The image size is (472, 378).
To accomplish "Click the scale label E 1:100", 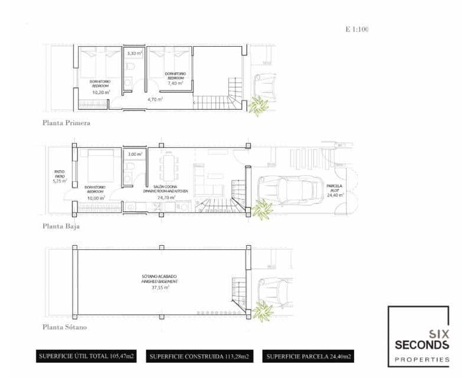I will pos(357,28).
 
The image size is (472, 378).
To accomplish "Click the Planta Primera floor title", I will pos(65,124).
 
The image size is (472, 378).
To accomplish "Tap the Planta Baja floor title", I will pos(61,226).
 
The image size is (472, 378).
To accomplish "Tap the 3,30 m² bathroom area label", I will pos(135,53).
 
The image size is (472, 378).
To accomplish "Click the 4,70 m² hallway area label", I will pos(155,99).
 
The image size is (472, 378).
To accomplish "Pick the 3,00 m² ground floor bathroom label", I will pos(135,154).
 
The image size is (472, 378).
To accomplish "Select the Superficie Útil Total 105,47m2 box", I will pos(86,357).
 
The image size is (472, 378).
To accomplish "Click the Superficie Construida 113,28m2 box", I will pos(199,357).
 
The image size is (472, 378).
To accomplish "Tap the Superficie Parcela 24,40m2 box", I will pos(309,357).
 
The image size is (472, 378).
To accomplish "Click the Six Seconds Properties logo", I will pos(418,336).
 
